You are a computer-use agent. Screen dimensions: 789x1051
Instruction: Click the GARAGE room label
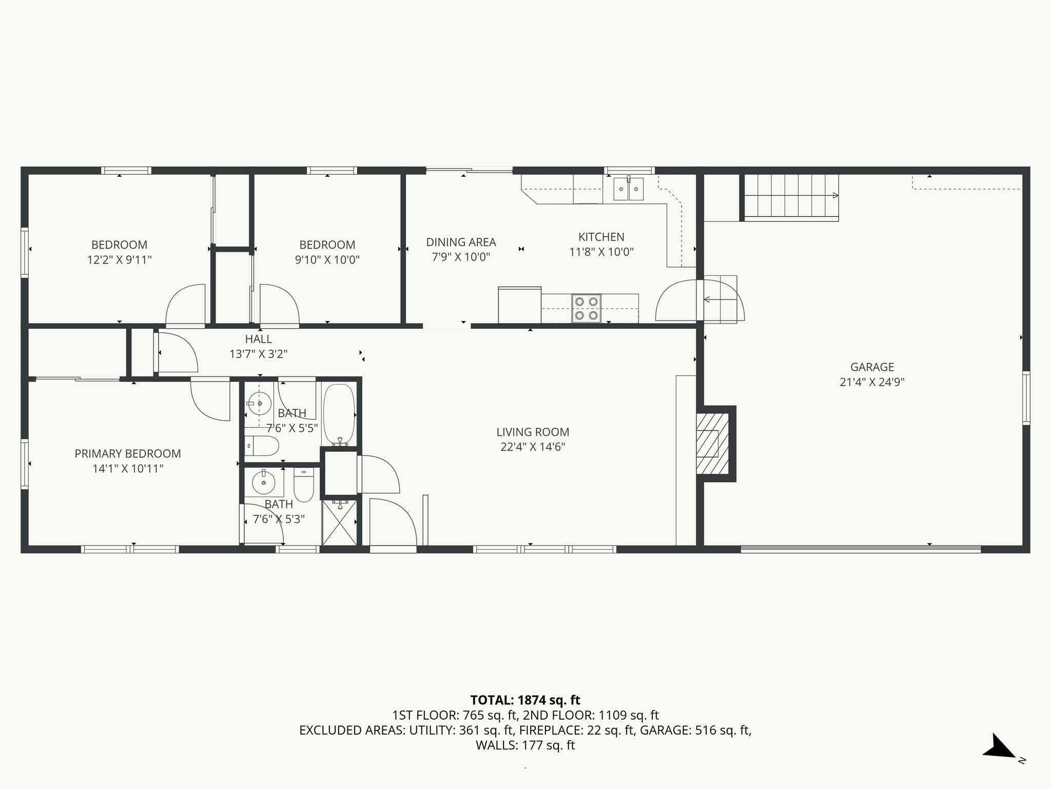[x=872, y=367]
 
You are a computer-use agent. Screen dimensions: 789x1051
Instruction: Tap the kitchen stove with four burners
[x=586, y=308]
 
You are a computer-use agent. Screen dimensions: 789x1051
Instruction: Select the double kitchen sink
[x=629, y=189]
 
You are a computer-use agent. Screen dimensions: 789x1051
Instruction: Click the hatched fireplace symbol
[x=712, y=443]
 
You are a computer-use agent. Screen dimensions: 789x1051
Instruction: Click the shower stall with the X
[x=339, y=523]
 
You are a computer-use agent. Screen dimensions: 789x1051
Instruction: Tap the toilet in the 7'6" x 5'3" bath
[x=304, y=484]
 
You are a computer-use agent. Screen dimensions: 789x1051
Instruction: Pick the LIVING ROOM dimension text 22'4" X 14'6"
[x=533, y=447]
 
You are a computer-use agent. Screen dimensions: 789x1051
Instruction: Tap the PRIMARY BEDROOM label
[x=128, y=454]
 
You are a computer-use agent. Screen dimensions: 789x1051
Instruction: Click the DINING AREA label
[x=461, y=242]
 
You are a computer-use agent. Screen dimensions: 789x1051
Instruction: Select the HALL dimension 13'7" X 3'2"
[x=258, y=354]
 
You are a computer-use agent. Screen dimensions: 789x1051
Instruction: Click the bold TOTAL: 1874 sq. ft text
[x=525, y=700]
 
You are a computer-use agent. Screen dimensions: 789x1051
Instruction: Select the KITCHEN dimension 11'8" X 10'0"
[x=601, y=252]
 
